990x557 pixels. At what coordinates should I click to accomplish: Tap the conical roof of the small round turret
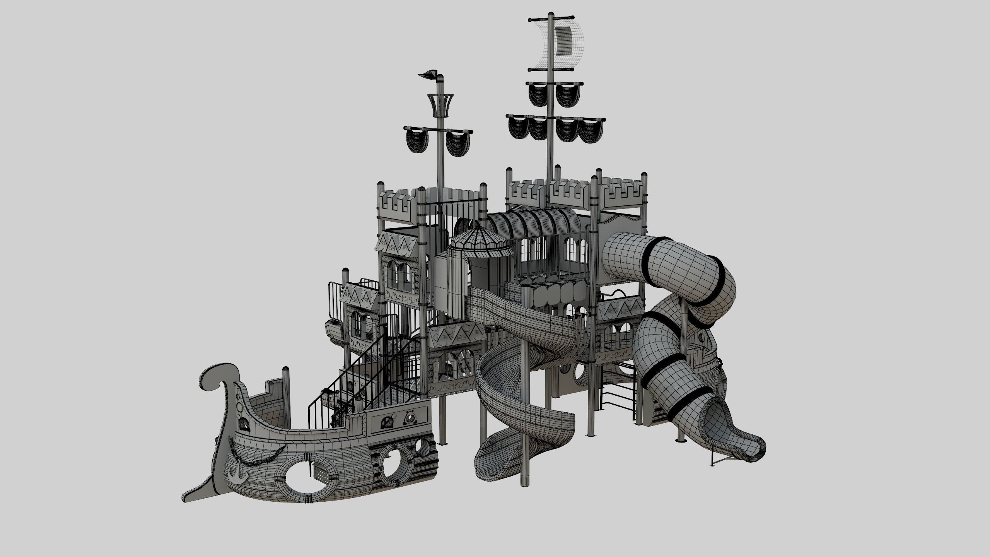click(479, 242)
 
